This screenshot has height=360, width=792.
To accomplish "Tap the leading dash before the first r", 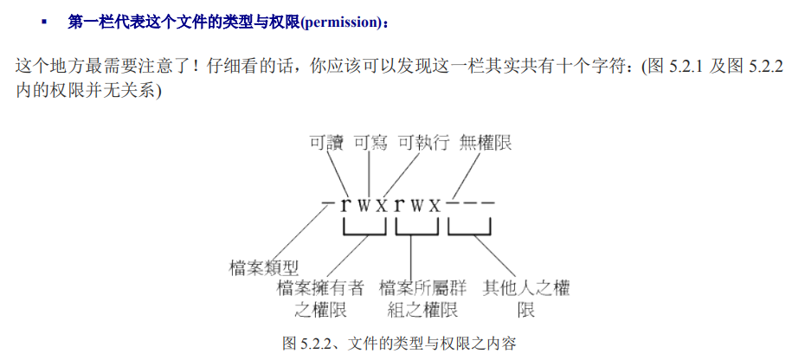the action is click(x=327, y=205).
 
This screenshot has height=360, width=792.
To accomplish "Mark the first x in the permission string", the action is click(x=381, y=206).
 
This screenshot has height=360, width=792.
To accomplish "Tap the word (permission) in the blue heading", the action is click(x=341, y=22).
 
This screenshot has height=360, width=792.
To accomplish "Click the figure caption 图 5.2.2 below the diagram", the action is click(x=399, y=344).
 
